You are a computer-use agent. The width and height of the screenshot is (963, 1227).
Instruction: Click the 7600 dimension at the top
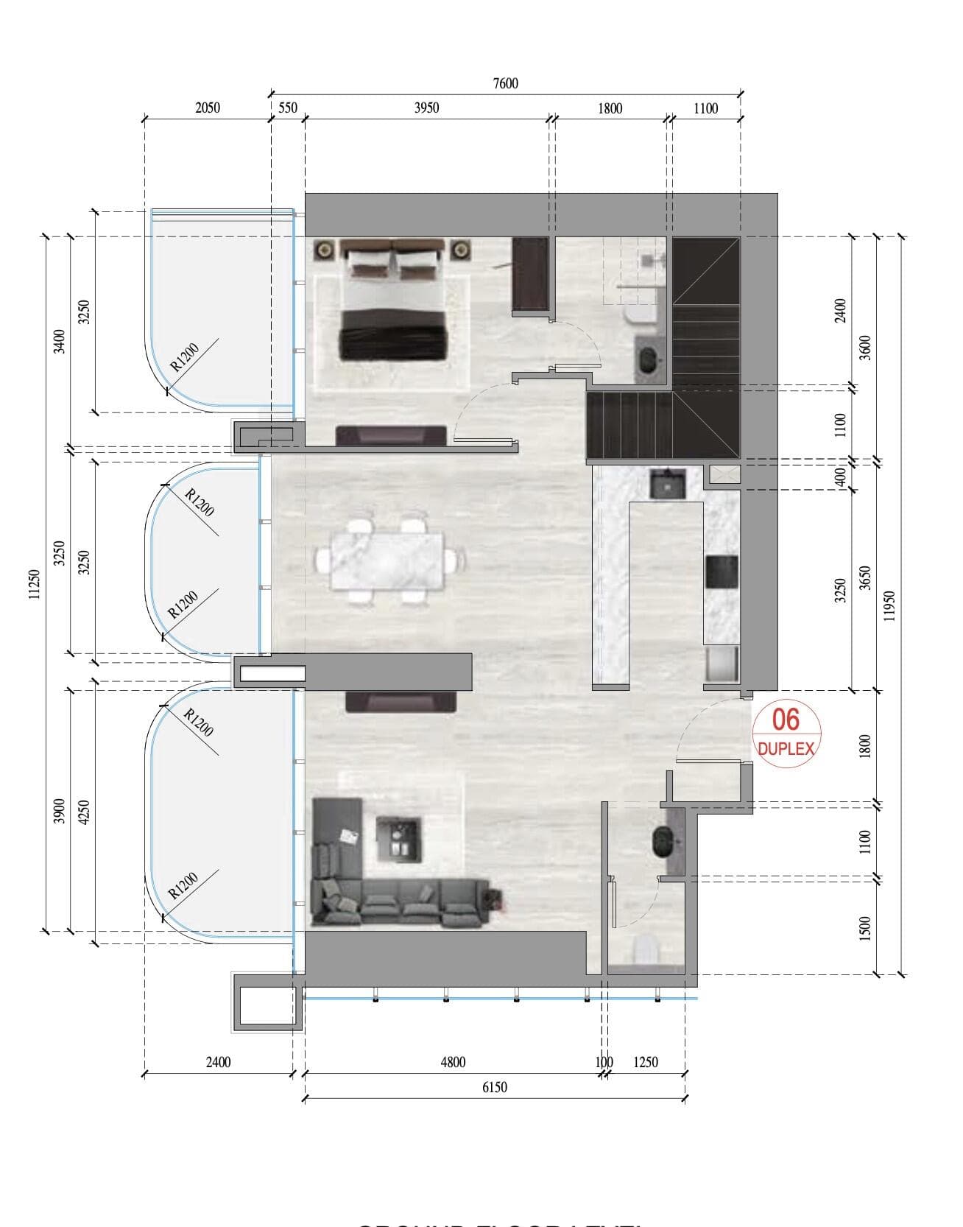(505, 83)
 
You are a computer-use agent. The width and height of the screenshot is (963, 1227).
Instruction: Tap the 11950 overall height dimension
(889, 605)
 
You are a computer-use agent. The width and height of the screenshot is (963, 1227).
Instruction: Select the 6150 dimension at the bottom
(494, 1087)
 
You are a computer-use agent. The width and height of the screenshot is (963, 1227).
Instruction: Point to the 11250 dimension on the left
(33, 585)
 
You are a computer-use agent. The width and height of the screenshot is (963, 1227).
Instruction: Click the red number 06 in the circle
(786, 720)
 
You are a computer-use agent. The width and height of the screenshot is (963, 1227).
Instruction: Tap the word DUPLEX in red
(786, 749)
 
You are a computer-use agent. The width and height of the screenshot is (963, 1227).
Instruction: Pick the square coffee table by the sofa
(400, 839)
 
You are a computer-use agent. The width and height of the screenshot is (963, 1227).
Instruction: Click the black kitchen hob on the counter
(722, 572)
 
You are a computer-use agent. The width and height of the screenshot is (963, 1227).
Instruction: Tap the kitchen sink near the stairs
(668, 484)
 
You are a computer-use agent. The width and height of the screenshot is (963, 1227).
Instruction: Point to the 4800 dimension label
(453, 1062)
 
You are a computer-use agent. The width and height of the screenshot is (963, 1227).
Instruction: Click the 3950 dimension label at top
(426, 108)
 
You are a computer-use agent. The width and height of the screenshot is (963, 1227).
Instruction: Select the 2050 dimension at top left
(208, 108)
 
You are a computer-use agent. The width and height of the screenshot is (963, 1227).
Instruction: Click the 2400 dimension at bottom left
(218, 1062)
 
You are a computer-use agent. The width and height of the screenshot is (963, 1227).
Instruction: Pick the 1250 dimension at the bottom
(645, 1062)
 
